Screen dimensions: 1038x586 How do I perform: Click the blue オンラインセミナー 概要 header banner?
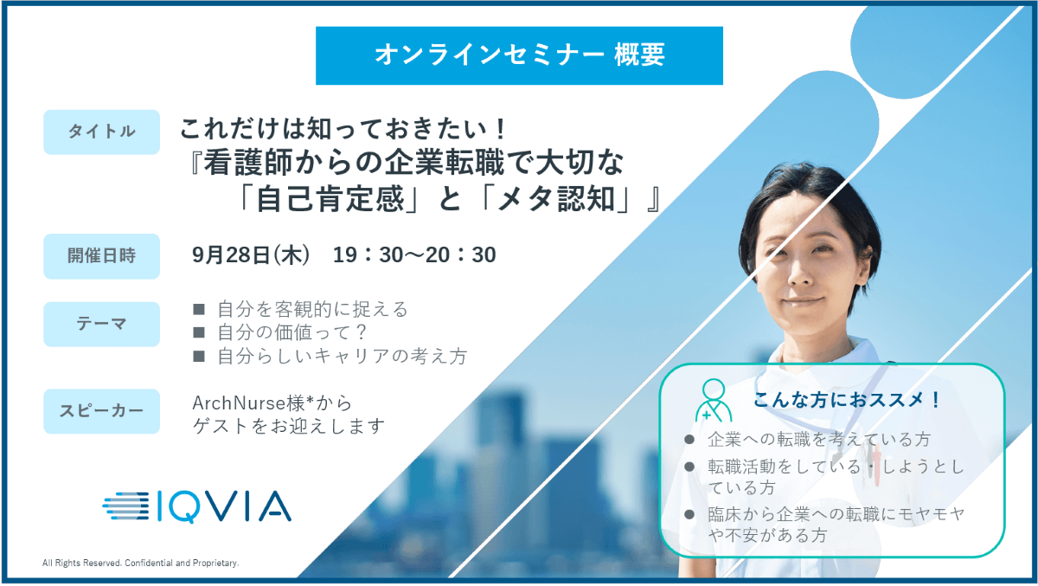pos(519,55)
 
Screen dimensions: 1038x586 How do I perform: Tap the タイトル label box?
pos(101,132)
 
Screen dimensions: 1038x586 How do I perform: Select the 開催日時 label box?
pos(101,256)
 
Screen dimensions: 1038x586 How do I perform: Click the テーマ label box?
pos(101,324)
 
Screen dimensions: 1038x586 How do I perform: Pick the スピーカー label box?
pos(101,411)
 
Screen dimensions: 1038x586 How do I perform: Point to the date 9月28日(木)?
pos(251,255)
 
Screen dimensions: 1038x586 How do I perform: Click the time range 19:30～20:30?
pos(414,255)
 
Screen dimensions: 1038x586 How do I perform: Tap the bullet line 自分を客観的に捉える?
pos(312,309)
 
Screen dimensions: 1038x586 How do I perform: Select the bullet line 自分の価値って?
pos(292,332)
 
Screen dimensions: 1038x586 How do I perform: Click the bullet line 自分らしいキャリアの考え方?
pos(342,356)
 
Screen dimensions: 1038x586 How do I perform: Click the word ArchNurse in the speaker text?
pos(239,403)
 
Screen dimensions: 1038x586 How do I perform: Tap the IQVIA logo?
pos(197,506)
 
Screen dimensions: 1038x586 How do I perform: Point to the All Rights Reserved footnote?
pos(140,563)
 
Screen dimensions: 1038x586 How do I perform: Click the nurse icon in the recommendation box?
pos(714,400)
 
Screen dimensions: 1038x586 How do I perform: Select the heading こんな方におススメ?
pos(847,400)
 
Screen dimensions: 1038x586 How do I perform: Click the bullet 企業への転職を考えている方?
pos(819,439)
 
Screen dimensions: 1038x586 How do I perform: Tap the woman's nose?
pos(801,274)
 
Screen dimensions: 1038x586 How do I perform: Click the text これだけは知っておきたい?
pos(343,128)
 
